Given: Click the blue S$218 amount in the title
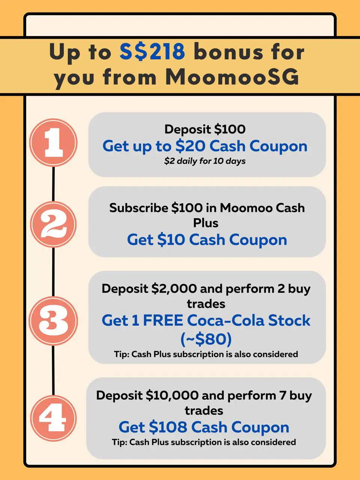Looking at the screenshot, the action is [x=152, y=52].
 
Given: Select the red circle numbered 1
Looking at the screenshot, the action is [x=53, y=142].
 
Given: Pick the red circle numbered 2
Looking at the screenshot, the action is [x=53, y=224].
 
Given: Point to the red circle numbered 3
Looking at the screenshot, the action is [x=53, y=321].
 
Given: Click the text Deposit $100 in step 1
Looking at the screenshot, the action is [x=205, y=129].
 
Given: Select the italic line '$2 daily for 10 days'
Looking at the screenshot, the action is [x=205, y=161].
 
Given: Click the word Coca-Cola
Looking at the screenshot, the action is [x=226, y=320].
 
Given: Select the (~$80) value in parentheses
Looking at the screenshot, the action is [x=206, y=339].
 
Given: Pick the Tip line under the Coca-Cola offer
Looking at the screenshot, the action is [x=206, y=354].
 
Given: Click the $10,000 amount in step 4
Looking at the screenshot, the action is [x=172, y=395].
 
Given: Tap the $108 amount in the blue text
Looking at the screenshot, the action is [x=168, y=427].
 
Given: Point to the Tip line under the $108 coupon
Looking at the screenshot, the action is [x=204, y=442].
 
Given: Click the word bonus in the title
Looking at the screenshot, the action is [x=228, y=52].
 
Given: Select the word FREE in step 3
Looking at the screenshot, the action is [x=163, y=320].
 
